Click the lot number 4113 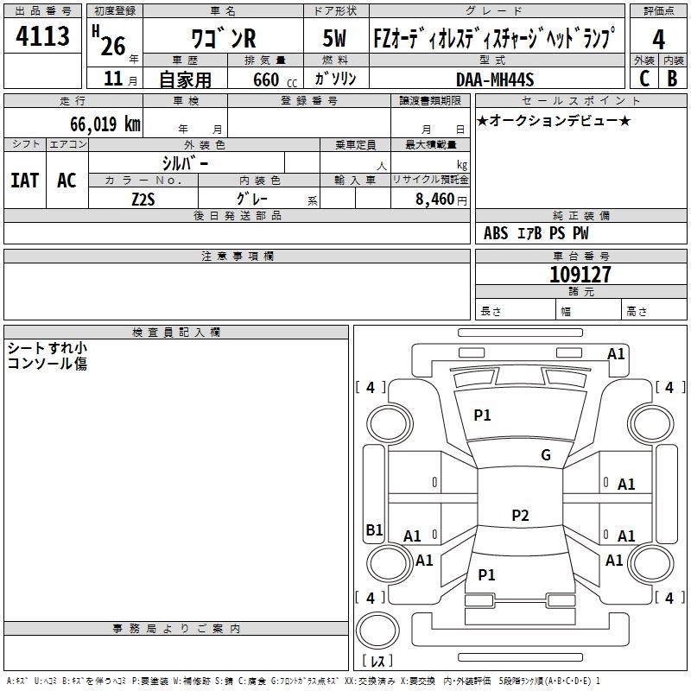pos(42,35)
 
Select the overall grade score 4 pos(658,40)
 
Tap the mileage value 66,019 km pos(105,124)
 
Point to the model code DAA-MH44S pos(495,79)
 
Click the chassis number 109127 pos(580,275)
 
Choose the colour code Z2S pos(143,200)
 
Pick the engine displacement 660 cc pos(275,80)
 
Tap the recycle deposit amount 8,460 pos(435,200)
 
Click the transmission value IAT pos(25,181)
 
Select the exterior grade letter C pos(644,79)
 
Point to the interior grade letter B pos(672,79)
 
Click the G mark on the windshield pos(546,455)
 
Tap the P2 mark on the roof pos(520,515)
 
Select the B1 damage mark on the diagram pos(374,529)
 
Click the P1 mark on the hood pos(482,415)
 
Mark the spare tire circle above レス pos(377,631)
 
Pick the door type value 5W pos(334,38)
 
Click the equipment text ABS pos(496,233)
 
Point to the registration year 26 pos(113,46)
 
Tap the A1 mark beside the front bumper pos(616,354)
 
